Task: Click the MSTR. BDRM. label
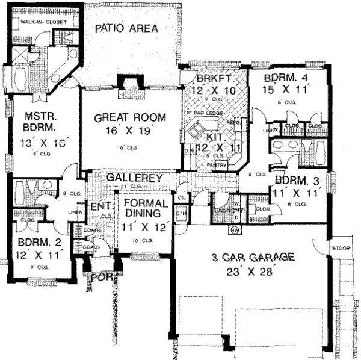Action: [x=40, y=122]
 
